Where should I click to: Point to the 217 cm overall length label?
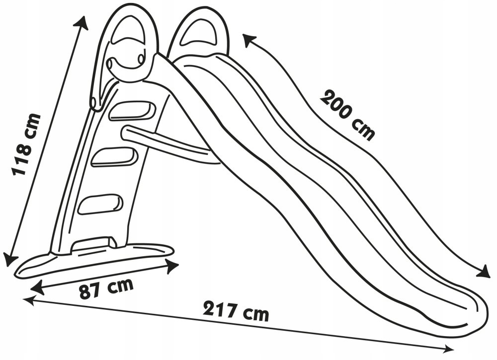click(236, 311)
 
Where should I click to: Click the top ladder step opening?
click(131, 110)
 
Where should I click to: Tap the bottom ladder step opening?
click(99, 204)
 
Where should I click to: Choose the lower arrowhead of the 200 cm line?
click(482, 271)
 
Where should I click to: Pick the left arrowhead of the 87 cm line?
click(36, 288)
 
